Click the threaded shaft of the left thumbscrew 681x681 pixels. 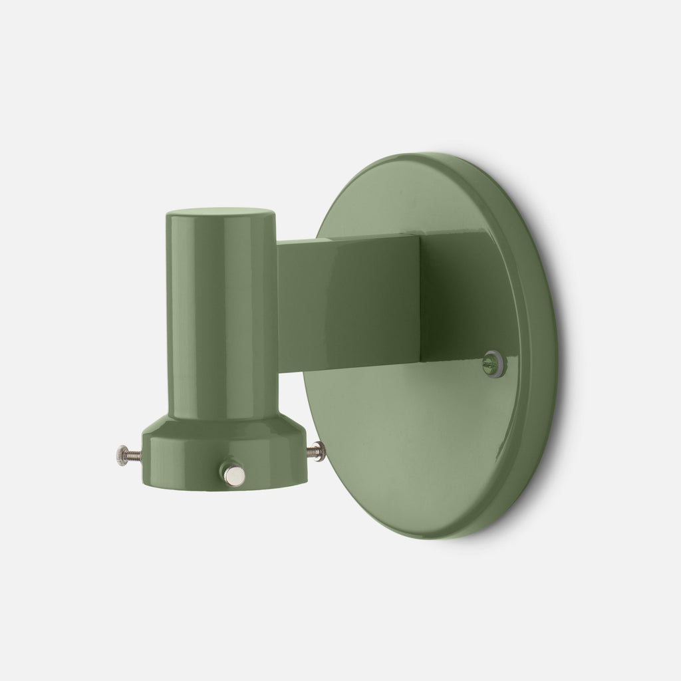(133, 455)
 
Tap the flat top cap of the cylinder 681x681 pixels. (221, 217)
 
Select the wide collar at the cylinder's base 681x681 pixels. (200, 459)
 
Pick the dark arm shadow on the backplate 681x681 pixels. (452, 293)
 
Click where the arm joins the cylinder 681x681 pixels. (278, 306)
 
